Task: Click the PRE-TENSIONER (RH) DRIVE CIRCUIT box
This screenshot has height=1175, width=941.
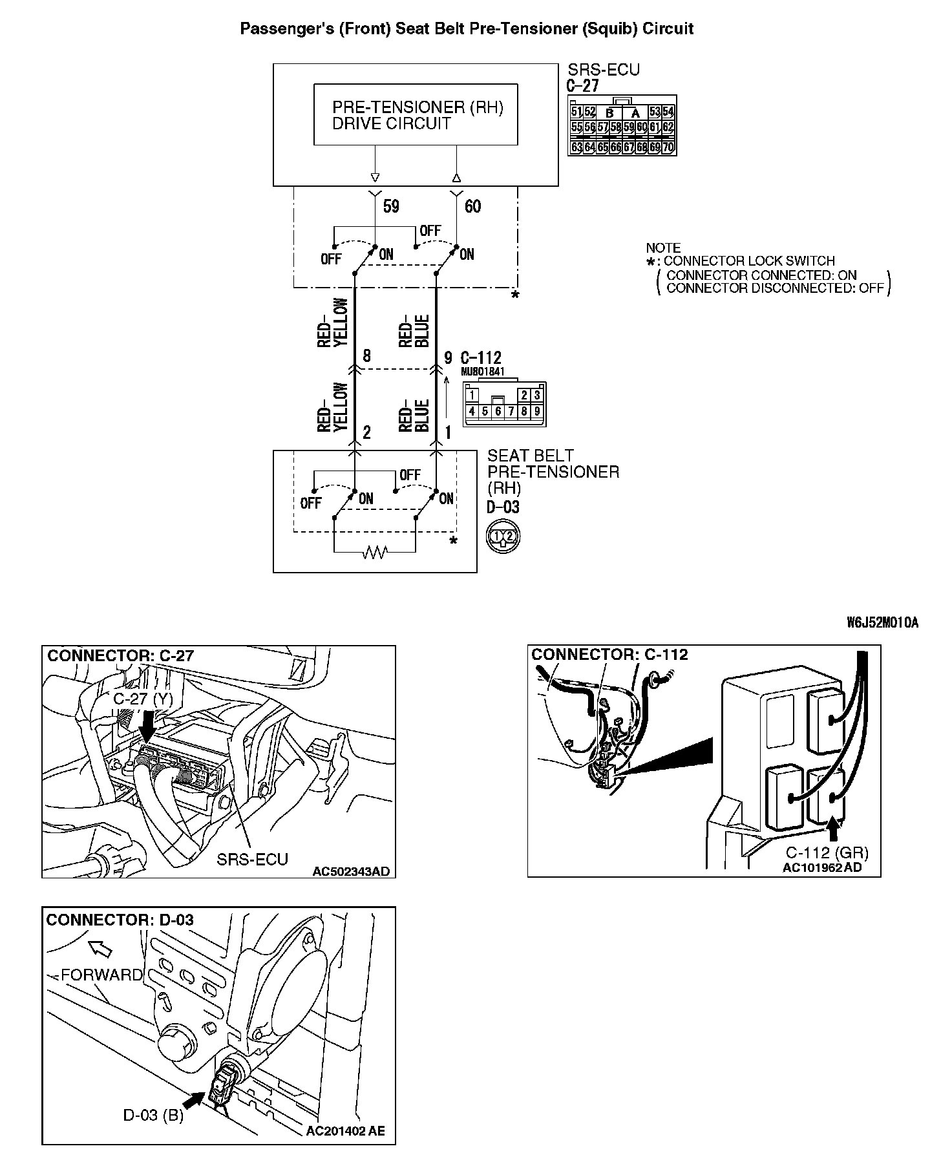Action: tap(416, 114)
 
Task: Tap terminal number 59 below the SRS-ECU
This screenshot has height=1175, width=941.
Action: tap(391, 206)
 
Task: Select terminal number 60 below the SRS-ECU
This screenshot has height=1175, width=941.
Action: tap(472, 206)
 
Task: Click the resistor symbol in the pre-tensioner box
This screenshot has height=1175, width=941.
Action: tap(375, 552)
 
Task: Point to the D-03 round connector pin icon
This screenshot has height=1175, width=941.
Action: tap(503, 536)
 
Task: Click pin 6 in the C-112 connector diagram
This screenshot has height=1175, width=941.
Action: tap(498, 411)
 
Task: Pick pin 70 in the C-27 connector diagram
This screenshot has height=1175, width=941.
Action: tap(668, 147)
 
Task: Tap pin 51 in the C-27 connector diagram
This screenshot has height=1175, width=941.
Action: tap(576, 112)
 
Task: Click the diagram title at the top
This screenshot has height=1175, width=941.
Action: tap(467, 28)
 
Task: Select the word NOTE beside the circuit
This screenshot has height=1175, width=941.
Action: tap(663, 248)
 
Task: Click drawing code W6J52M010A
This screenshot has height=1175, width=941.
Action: tap(882, 622)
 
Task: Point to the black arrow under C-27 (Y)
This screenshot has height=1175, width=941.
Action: tap(147, 726)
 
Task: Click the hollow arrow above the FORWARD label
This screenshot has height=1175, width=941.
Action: tap(100, 948)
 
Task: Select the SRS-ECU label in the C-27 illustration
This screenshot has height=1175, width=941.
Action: tap(252, 859)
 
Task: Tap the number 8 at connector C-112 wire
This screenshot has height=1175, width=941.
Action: tap(366, 356)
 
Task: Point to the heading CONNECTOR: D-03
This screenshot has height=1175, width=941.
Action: tap(120, 920)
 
